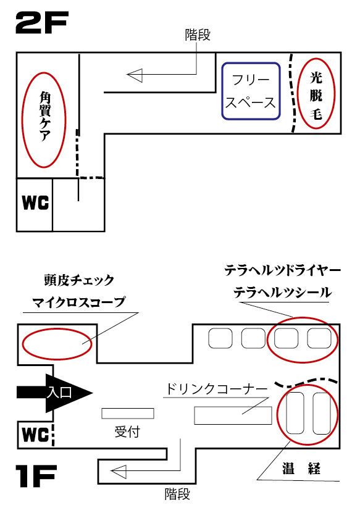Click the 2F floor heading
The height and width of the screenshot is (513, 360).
click(42, 23)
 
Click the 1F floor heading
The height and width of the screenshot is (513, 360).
click(36, 476)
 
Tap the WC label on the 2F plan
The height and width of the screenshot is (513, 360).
click(35, 203)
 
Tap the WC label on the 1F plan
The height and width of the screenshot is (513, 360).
click(35, 435)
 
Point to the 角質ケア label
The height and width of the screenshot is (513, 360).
click(45, 116)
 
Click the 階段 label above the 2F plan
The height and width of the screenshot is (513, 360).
click(198, 35)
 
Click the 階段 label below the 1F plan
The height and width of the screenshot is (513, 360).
click(177, 494)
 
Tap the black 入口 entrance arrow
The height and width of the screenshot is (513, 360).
click(55, 393)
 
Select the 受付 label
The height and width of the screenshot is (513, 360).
click(127, 432)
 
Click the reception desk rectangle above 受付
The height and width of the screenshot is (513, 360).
click(128, 414)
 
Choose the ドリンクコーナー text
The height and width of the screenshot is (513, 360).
click(217, 389)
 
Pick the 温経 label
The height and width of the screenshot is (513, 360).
click(301, 469)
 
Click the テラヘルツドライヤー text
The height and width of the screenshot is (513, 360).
click(282, 271)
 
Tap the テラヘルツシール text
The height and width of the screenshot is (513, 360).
click(282, 292)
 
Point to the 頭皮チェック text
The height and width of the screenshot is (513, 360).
click(79, 280)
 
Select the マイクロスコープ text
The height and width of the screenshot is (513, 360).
click(79, 302)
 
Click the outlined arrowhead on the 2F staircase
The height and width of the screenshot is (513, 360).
click(135, 75)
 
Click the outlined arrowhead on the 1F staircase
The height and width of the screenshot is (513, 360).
click(119, 472)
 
